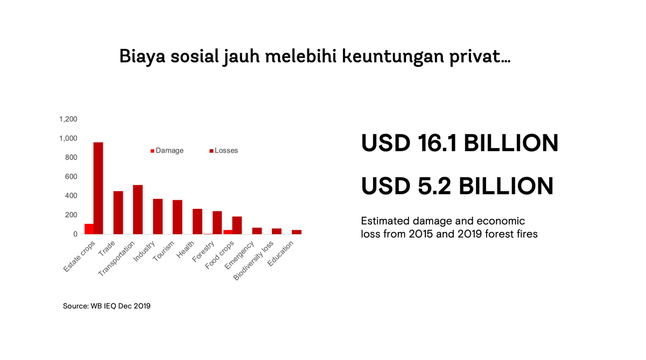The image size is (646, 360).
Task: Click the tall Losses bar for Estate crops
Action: [x=98, y=188]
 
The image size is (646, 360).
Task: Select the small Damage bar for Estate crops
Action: [x=89, y=229]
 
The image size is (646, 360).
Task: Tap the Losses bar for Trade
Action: [x=118, y=213]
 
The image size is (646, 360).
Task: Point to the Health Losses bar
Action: [x=198, y=221]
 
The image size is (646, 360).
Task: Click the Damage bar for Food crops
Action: [x=228, y=232]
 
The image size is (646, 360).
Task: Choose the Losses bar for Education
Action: [x=297, y=232]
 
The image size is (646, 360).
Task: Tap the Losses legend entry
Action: [x=226, y=151]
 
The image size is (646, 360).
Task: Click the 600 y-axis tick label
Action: [x=72, y=177]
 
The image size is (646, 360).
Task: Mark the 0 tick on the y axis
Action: [x=75, y=234]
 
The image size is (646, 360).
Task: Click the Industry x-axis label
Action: [x=144, y=251]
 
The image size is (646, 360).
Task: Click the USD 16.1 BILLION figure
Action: [x=459, y=143]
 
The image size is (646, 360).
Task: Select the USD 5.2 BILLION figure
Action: [x=457, y=186]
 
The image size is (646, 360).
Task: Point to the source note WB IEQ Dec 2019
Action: [x=107, y=306]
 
